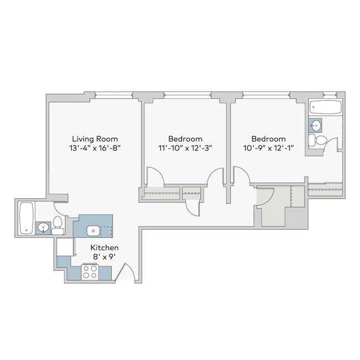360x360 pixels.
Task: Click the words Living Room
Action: point(95,138)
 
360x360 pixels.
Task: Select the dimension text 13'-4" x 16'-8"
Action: point(95,148)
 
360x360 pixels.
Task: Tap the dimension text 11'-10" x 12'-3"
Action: point(186,148)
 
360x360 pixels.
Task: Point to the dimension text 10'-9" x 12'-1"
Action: point(269,148)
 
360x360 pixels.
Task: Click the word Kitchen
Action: point(104,248)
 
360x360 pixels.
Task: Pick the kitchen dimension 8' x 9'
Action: point(104,258)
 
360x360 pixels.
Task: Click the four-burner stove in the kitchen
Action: point(90,271)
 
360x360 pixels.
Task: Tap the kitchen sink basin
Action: point(92,230)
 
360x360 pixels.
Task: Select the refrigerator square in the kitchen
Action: point(64,247)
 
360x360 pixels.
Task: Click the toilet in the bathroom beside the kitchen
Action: point(57,225)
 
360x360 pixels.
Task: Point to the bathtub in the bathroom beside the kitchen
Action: point(26,219)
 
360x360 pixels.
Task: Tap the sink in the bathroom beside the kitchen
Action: point(43,227)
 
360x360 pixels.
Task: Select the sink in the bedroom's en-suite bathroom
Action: point(316,125)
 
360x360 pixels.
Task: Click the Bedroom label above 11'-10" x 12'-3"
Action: point(186,138)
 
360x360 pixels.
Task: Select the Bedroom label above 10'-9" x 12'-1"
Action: point(269,138)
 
